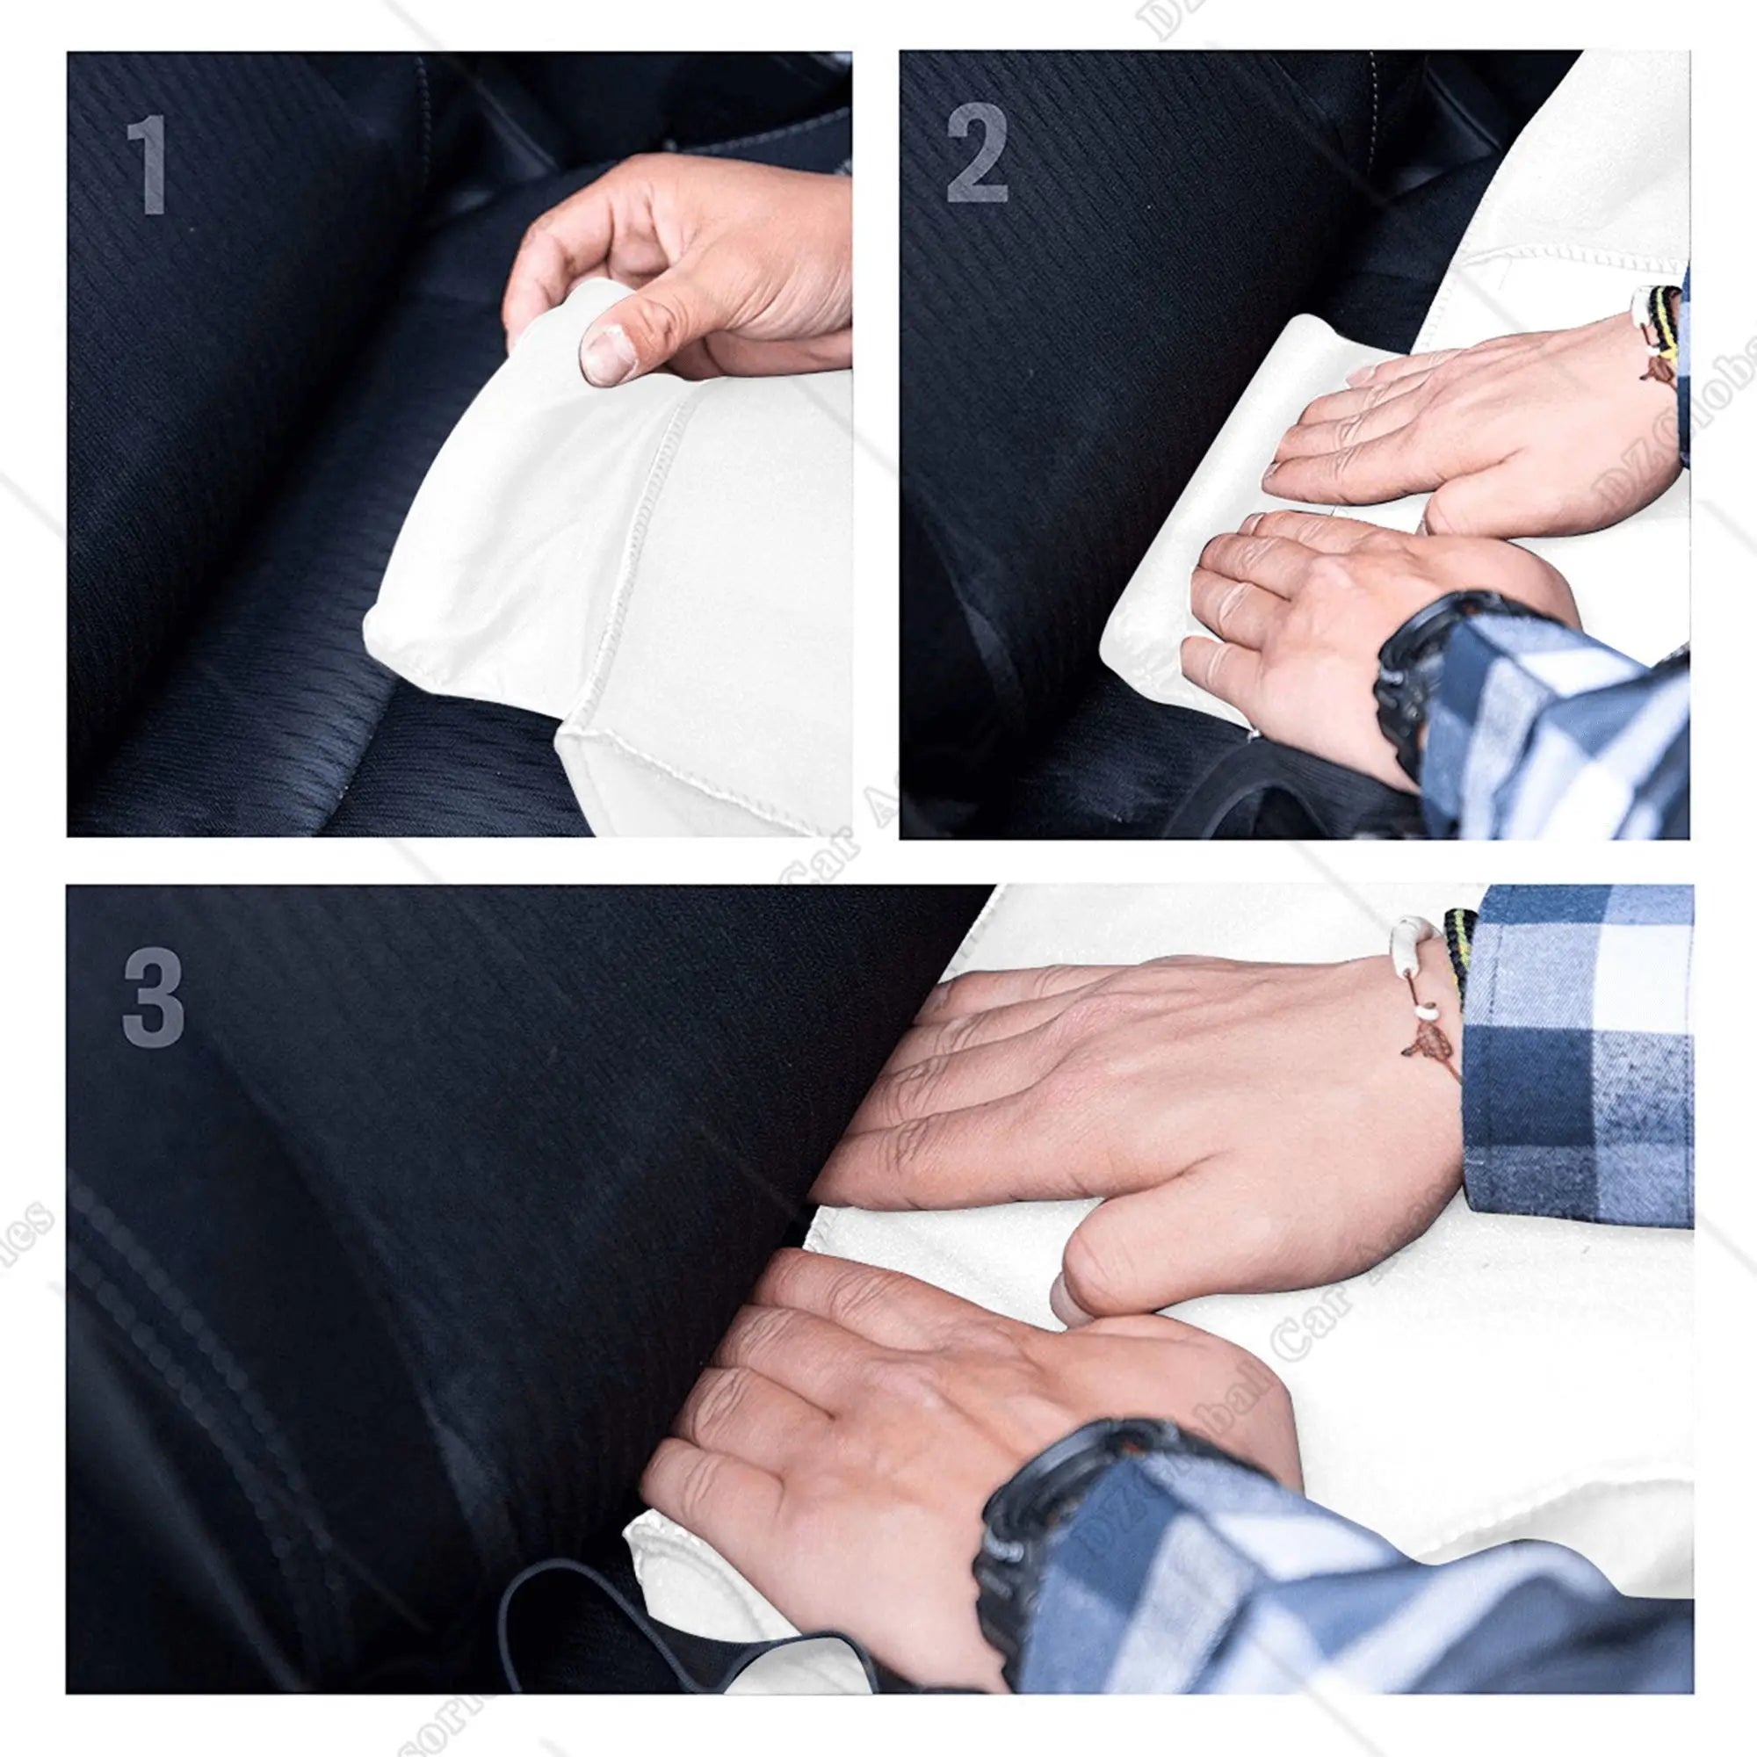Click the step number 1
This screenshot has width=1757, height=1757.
point(148,165)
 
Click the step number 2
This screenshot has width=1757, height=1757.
point(977,153)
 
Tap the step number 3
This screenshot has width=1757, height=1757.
point(153,997)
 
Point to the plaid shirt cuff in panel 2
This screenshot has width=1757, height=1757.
point(1546,719)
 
